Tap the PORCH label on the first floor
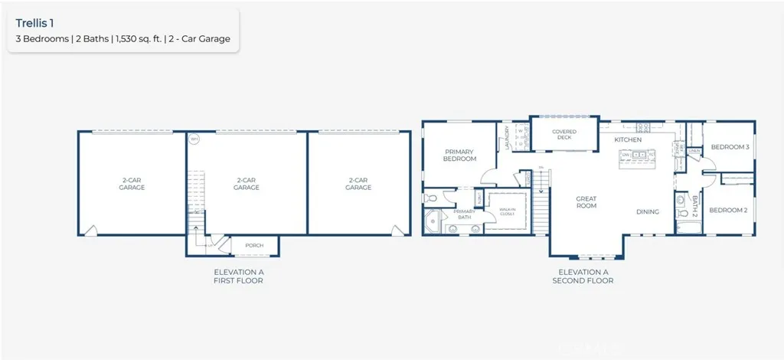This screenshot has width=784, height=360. (253, 245)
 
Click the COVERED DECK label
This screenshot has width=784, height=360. (564, 135)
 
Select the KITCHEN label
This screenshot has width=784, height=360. (627, 139)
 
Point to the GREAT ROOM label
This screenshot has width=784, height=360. (586, 202)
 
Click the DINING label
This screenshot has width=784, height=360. (648, 211)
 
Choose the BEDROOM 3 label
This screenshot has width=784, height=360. (730, 146)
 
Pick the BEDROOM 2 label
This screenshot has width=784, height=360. (727, 210)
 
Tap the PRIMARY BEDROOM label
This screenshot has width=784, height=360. (460, 155)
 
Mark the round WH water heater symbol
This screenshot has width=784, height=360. (194, 139)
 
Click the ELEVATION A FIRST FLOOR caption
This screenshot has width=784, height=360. (238, 277)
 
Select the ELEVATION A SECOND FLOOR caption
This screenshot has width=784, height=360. (583, 277)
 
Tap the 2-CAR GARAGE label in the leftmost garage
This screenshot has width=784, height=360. (132, 184)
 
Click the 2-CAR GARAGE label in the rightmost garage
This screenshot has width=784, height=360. (358, 184)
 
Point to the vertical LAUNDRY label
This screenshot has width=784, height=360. (507, 138)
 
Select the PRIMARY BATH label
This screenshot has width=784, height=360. (465, 214)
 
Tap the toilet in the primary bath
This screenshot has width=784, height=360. (430, 198)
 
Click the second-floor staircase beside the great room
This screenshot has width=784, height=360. (541, 206)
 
